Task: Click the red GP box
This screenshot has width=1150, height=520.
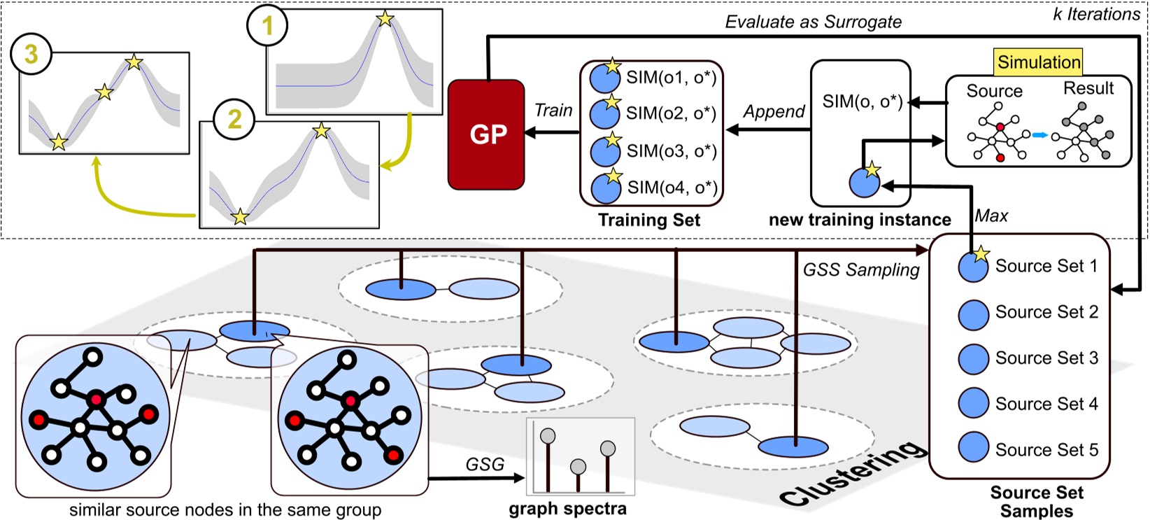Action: [487, 134]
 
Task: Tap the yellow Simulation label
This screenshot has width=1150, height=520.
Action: [1039, 62]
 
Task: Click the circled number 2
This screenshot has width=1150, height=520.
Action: [234, 120]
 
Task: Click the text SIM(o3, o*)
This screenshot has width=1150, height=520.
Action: [672, 150]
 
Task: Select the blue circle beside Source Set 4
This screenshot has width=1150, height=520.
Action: [973, 403]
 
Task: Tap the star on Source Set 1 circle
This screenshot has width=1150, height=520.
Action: [981, 254]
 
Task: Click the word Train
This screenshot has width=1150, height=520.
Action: [553, 111]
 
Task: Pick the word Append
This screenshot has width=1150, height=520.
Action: [774, 112]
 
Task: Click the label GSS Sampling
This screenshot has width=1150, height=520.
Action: [861, 270]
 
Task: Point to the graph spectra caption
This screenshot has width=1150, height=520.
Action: [567, 509]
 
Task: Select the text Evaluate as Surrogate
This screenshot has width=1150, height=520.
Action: [813, 22]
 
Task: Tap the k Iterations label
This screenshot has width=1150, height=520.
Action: [1096, 14]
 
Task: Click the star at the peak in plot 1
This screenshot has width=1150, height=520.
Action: [385, 18]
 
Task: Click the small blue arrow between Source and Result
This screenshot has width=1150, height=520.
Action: [1040, 135]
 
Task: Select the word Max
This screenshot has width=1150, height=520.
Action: [991, 216]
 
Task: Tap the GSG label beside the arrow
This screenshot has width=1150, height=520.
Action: [485, 464]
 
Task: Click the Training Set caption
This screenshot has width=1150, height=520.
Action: [649, 220]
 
